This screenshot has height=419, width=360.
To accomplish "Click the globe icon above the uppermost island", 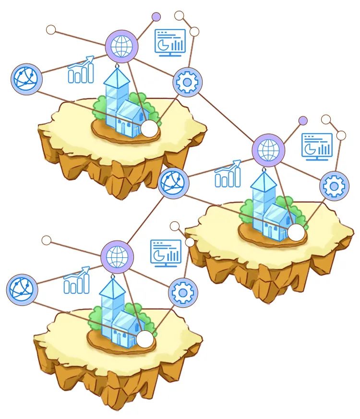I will point(121,47).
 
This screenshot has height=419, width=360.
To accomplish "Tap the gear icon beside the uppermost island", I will point(187,82).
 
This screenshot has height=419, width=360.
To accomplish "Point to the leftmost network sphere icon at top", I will point(27,78).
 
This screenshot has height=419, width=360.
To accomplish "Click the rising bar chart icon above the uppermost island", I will point(81,70).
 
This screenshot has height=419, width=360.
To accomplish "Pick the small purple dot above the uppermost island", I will point(156,17).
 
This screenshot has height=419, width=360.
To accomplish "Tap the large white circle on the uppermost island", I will point(150,129).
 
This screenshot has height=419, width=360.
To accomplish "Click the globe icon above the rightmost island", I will point(268,150).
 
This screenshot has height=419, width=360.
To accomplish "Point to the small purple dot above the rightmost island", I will point(303,120).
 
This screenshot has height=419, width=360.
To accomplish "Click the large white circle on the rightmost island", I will point(297,233).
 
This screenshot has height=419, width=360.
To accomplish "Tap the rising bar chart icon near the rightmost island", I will point(228,174).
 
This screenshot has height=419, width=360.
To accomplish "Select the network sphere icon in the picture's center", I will point(173,182).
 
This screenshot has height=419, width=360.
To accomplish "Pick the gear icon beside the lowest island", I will point(183,292).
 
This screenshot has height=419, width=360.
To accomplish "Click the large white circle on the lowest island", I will point(145,339).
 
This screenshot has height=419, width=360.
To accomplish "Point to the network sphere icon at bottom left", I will point(22,289).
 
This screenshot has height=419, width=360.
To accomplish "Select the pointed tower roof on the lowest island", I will point(112,287).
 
